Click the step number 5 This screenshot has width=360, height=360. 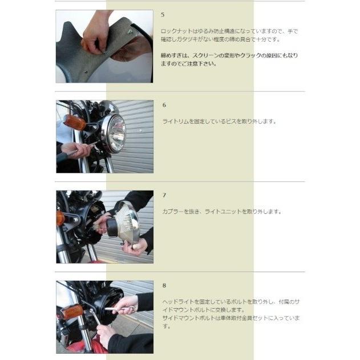(164, 14)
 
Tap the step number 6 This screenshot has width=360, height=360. (164, 106)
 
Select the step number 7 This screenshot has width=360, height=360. (164, 195)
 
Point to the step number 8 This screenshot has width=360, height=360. (164, 285)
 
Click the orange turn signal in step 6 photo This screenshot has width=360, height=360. (74, 122)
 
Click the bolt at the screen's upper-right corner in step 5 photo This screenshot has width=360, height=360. (130, 32)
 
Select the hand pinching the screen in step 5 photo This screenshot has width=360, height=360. (95, 34)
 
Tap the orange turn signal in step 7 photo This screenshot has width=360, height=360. (60, 218)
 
